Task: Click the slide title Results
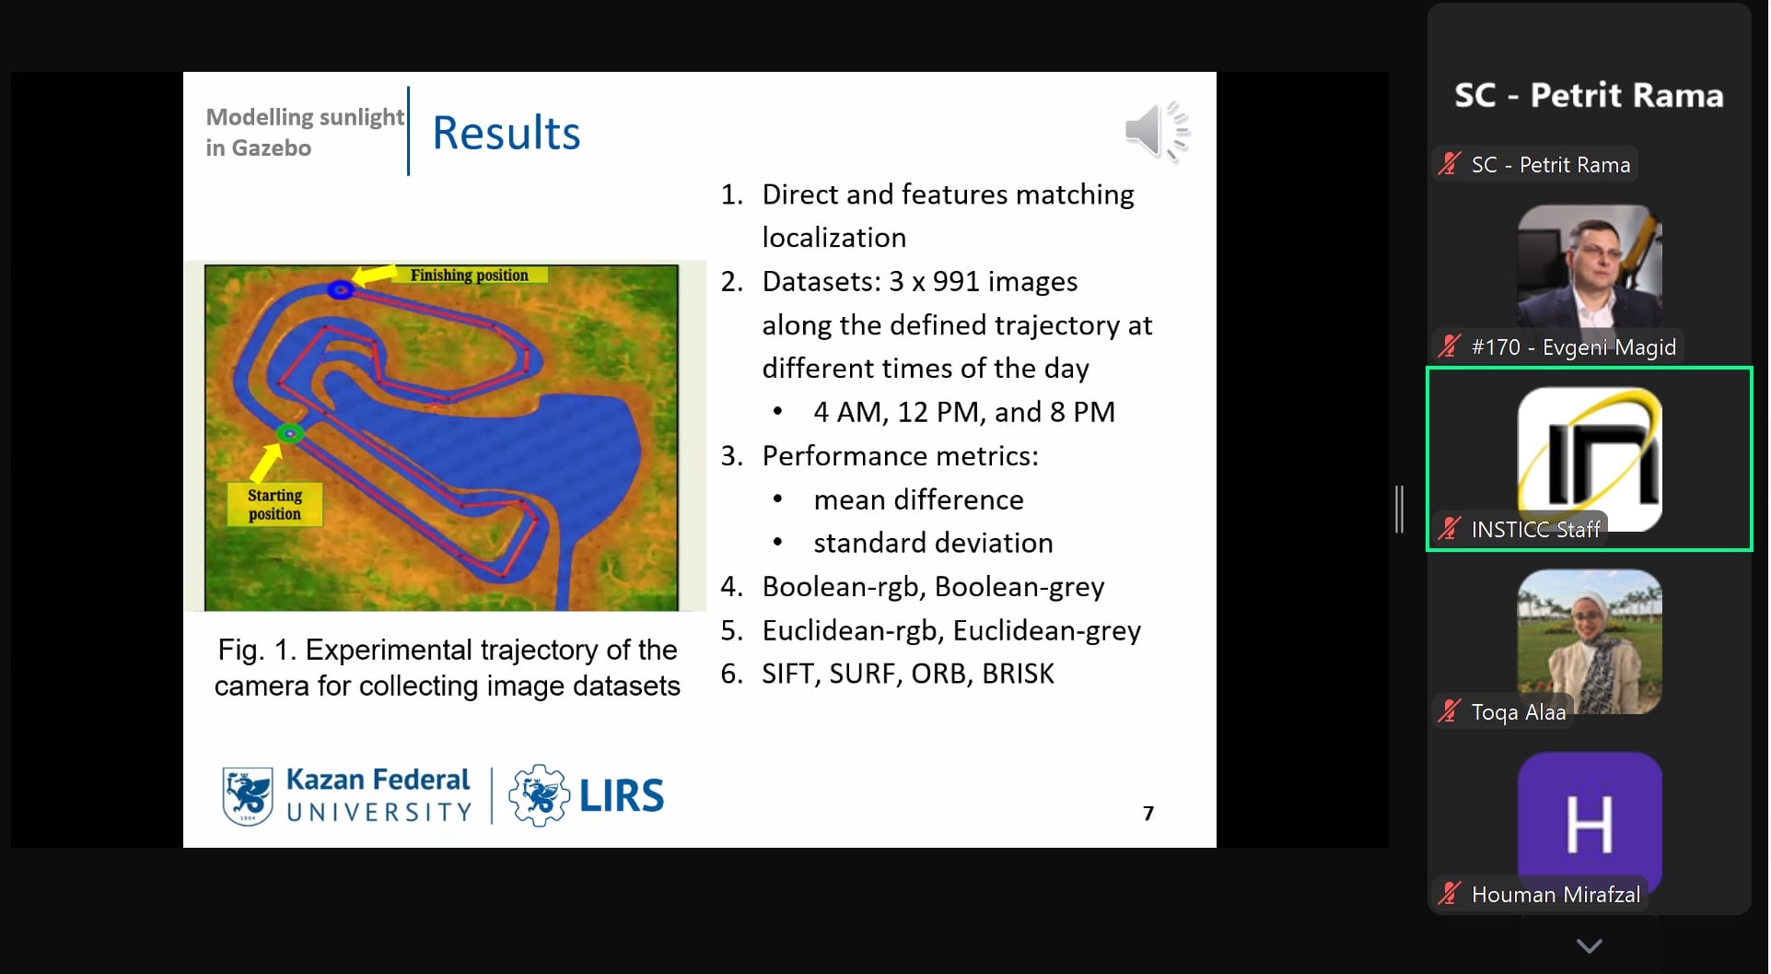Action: click(506, 133)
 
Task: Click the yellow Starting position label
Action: click(274, 504)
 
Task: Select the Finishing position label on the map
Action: click(469, 275)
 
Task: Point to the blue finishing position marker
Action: click(341, 289)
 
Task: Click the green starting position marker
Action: click(290, 433)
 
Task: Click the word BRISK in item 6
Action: click(1018, 674)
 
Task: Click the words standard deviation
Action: click(932, 543)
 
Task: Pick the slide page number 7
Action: click(1148, 813)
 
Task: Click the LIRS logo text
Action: click(621, 796)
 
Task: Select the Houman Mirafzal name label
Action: click(1555, 894)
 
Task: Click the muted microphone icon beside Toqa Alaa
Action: click(1450, 711)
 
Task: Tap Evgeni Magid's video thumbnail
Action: click(1589, 267)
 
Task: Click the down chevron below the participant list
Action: click(1589, 945)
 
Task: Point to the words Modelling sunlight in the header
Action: click(304, 117)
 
